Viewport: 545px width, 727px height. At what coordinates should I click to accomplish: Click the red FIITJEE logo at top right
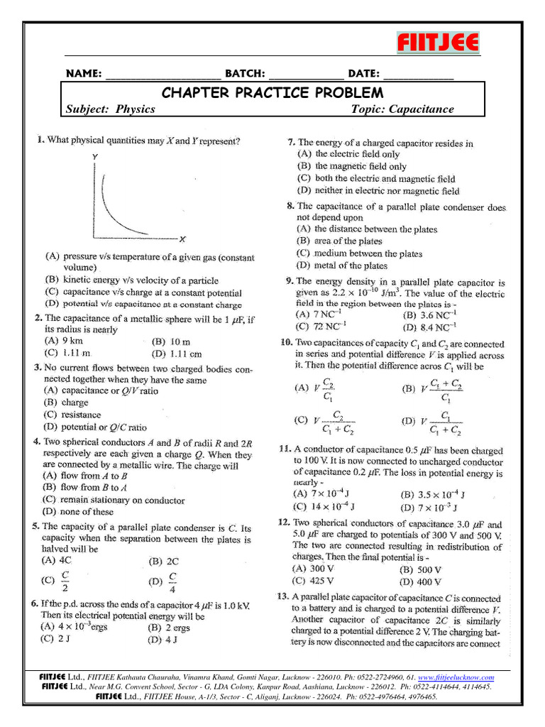click(x=437, y=43)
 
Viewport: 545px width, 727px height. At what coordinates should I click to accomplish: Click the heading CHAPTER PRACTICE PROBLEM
click(x=272, y=93)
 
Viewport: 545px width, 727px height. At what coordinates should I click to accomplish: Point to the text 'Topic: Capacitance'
click(x=402, y=109)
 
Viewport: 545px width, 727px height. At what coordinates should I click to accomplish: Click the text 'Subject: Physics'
click(x=110, y=109)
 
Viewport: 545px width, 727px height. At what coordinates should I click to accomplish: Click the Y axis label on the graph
click(x=95, y=156)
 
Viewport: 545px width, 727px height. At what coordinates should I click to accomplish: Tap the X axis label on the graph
click(x=182, y=239)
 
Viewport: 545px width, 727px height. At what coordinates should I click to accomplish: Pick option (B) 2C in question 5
click(x=163, y=561)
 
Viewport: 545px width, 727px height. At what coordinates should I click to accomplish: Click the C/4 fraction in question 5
click(x=173, y=581)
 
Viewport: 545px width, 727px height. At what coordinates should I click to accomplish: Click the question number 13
click(x=283, y=597)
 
